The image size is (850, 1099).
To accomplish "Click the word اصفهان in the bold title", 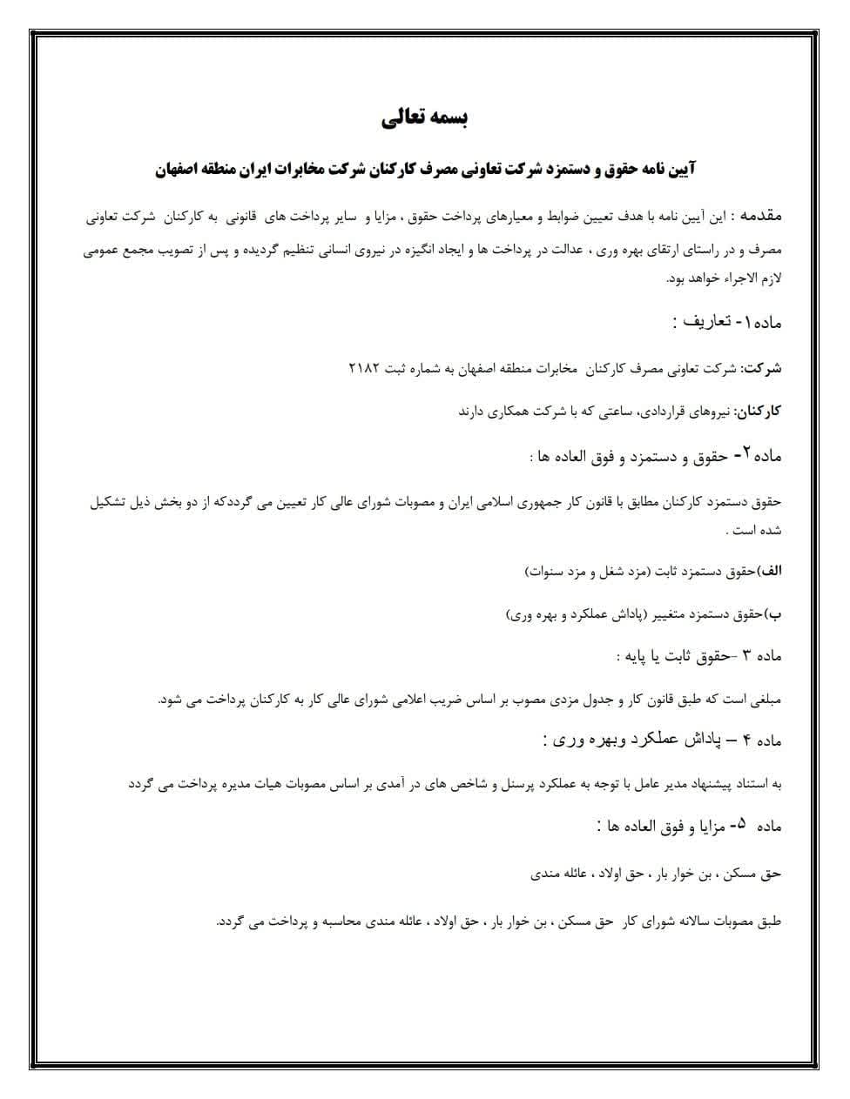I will pos(180,169).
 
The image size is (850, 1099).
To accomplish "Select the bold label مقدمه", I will pos(759,214).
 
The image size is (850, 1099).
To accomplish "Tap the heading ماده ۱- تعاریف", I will pos(727,322).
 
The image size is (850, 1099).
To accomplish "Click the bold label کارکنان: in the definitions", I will pos(759,411).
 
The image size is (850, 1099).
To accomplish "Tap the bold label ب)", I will pos(773,614).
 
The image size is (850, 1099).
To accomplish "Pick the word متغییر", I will pos(647,614).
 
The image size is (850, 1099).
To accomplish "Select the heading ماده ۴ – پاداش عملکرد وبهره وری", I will pos(663,740).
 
